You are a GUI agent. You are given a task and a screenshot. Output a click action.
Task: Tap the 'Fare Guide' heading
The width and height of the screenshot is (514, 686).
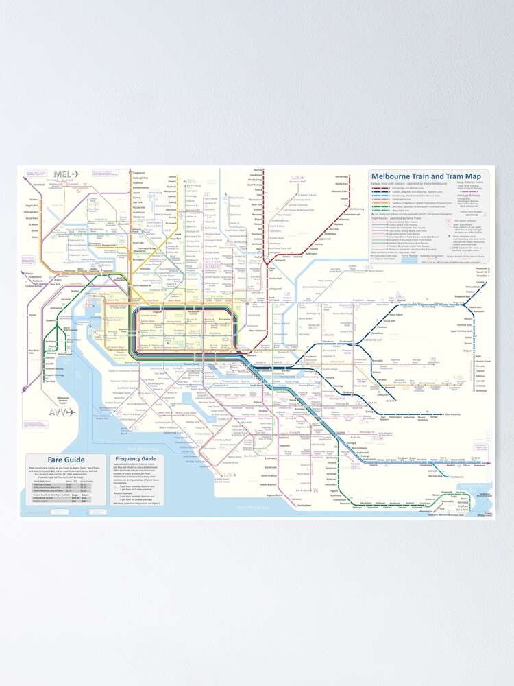tap(66, 459)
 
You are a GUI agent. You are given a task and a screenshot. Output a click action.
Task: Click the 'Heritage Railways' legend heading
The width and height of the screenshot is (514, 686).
tap(468, 192)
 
